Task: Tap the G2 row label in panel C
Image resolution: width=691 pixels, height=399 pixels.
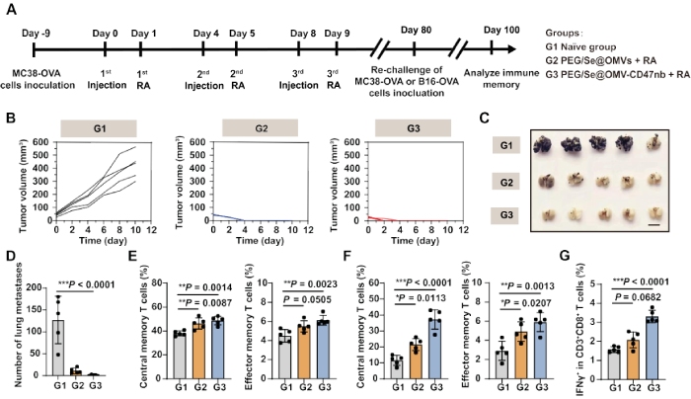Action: pyautogui.click(x=505, y=182)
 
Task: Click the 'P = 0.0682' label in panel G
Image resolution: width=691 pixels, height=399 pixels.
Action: pyautogui.click(x=632, y=294)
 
